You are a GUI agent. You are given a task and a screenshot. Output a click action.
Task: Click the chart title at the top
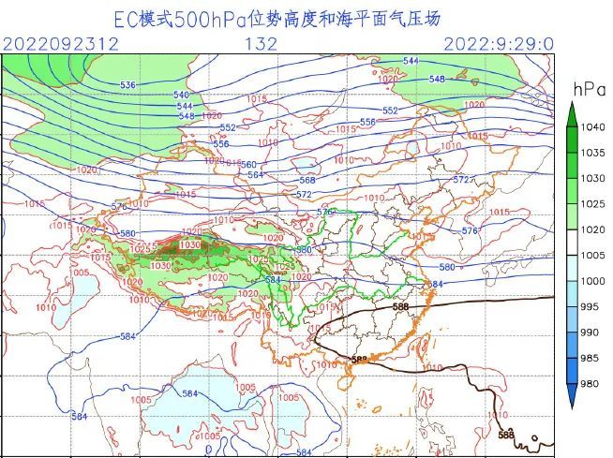click(277, 18)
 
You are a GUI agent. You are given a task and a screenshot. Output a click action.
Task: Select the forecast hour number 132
click(261, 43)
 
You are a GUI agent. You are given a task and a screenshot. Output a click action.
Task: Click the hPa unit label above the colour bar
click(585, 89)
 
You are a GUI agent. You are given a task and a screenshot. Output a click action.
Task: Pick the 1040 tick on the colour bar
click(592, 126)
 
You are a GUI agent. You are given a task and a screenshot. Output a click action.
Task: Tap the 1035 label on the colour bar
click(592, 153)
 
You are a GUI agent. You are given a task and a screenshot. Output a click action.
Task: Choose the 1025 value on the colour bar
click(592, 204)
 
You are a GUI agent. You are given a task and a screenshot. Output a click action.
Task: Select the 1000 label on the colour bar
click(592, 281)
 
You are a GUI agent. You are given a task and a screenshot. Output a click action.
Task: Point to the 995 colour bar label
click(590, 307)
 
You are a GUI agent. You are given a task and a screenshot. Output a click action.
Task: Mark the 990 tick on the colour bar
click(590, 332)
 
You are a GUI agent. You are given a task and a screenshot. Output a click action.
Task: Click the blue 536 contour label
click(128, 85)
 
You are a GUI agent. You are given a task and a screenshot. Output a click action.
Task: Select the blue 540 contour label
click(181, 96)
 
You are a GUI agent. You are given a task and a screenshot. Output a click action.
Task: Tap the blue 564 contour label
click(255, 175)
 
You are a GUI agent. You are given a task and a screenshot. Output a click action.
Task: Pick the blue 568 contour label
click(306, 181)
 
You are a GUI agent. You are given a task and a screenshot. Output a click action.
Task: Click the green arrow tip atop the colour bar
click(571, 106)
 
